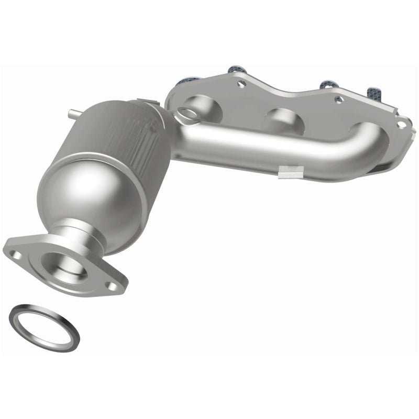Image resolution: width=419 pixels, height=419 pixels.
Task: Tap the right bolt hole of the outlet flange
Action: coord(111,285)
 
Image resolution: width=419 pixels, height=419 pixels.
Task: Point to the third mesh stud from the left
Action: coord(327,84)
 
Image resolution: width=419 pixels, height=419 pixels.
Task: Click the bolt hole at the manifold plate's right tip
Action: coord(401,125)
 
